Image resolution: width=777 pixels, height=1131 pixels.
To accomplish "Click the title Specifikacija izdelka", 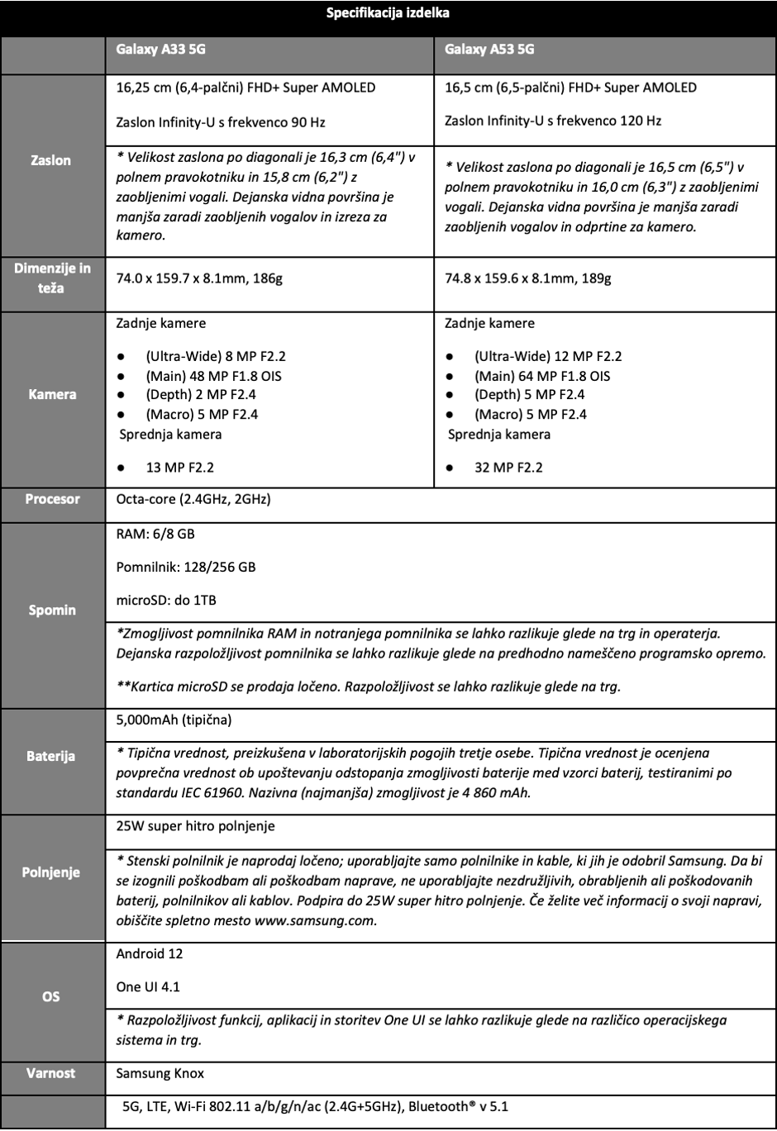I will (x=388, y=13).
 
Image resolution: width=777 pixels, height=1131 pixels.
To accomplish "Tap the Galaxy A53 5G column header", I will (x=489, y=50).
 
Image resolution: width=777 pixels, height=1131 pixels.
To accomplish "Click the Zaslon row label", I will (x=51, y=160).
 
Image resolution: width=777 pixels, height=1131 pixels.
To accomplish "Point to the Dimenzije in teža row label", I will (x=51, y=278).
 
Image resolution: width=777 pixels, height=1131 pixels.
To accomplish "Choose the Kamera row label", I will (x=52, y=394).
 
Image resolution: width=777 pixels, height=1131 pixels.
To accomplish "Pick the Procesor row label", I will (x=52, y=499).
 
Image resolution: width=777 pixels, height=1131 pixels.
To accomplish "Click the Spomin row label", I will (x=52, y=610).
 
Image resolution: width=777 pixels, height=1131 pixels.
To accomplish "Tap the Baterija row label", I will (x=51, y=756).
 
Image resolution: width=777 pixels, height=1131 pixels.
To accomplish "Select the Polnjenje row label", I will (x=51, y=872).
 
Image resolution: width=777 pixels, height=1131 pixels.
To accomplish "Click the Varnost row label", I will (x=51, y=1073).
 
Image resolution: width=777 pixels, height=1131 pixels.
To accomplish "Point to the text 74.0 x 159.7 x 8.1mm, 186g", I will (x=199, y=278).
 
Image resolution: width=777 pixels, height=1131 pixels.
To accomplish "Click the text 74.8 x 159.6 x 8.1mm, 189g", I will (x=528, y=278).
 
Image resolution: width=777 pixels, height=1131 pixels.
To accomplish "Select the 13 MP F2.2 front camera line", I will (x=179, y=468).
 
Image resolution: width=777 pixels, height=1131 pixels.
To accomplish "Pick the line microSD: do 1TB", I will (x=166, y=600).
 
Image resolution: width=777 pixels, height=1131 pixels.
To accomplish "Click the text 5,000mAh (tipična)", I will (x=174, y=720).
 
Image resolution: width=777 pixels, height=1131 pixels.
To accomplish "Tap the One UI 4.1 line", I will (x=148, y=986).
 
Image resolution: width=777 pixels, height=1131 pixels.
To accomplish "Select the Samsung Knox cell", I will (x=160, y=1073).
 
